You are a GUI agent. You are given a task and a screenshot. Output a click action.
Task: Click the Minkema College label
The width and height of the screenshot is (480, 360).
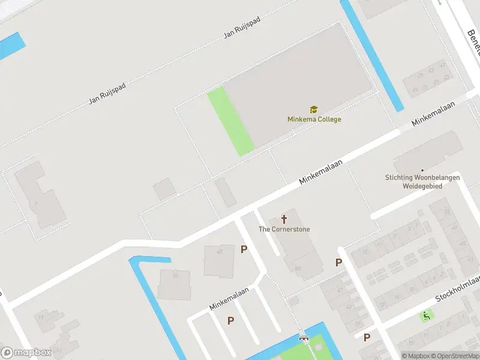coord(314,119)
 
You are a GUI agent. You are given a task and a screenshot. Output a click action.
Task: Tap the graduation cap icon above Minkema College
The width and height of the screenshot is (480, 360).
coord(313,109)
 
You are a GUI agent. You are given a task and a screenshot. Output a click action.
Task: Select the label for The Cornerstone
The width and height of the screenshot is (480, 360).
coord(284,229)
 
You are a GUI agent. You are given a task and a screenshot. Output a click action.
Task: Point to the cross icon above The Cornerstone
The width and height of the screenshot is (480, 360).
coord(284,220)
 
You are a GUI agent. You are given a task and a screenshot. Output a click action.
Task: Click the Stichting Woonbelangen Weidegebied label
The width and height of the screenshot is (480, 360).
coord(422,181)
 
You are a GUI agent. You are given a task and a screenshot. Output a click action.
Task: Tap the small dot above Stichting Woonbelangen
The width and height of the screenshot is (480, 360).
coord(422,170)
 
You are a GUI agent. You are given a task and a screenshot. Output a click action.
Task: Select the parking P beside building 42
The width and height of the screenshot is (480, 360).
coord(244,250)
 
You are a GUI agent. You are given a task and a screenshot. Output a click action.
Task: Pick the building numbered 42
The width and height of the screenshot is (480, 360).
coord(220,261)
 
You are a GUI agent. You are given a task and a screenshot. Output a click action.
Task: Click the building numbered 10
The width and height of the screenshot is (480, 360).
coord(175,284)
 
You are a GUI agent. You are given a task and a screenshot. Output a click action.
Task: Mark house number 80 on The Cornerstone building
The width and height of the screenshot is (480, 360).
coord(298,268)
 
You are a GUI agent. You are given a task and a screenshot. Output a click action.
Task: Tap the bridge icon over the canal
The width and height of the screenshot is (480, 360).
coord(304,338)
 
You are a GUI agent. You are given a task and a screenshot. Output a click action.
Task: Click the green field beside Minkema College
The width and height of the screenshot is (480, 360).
coord(231,121)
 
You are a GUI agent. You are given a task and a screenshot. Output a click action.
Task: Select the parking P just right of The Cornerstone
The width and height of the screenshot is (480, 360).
coord(338,263)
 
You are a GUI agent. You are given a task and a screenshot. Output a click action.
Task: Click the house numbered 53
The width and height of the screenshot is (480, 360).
coord(448,212)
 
